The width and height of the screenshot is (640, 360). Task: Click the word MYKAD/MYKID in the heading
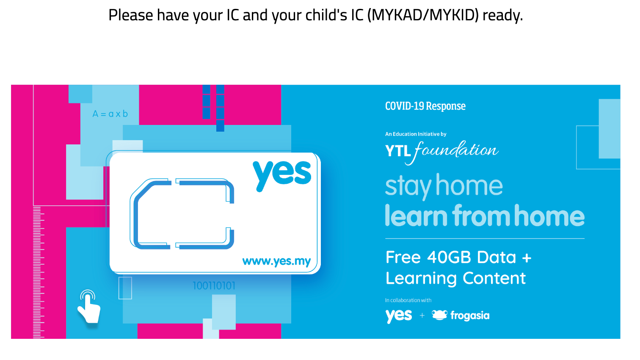[423, 15]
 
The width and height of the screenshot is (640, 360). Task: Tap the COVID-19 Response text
[425, 106]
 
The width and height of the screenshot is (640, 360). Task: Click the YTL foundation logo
[442, 153]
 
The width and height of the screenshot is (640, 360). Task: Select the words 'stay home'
[444, 186]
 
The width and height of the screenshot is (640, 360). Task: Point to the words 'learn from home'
[485, 216]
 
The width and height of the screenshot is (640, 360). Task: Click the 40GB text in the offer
[449, 257]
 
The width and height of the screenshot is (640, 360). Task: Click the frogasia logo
[461, 316]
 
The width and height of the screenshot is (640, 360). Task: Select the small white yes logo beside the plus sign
[399, 316]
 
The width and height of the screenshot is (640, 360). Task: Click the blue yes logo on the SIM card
[282, 175]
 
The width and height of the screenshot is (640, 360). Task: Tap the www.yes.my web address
[276, 261]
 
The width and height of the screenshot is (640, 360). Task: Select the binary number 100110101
[214, 285]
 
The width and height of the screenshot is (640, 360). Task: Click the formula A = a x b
[110, 114]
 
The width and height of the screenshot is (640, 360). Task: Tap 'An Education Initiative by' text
[416, 134]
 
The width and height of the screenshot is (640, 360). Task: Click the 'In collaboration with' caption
[408, 300]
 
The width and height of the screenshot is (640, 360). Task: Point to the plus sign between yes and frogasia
[422, 316]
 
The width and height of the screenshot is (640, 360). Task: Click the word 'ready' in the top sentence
[502, 16]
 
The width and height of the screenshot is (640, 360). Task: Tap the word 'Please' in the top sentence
[130, 15]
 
